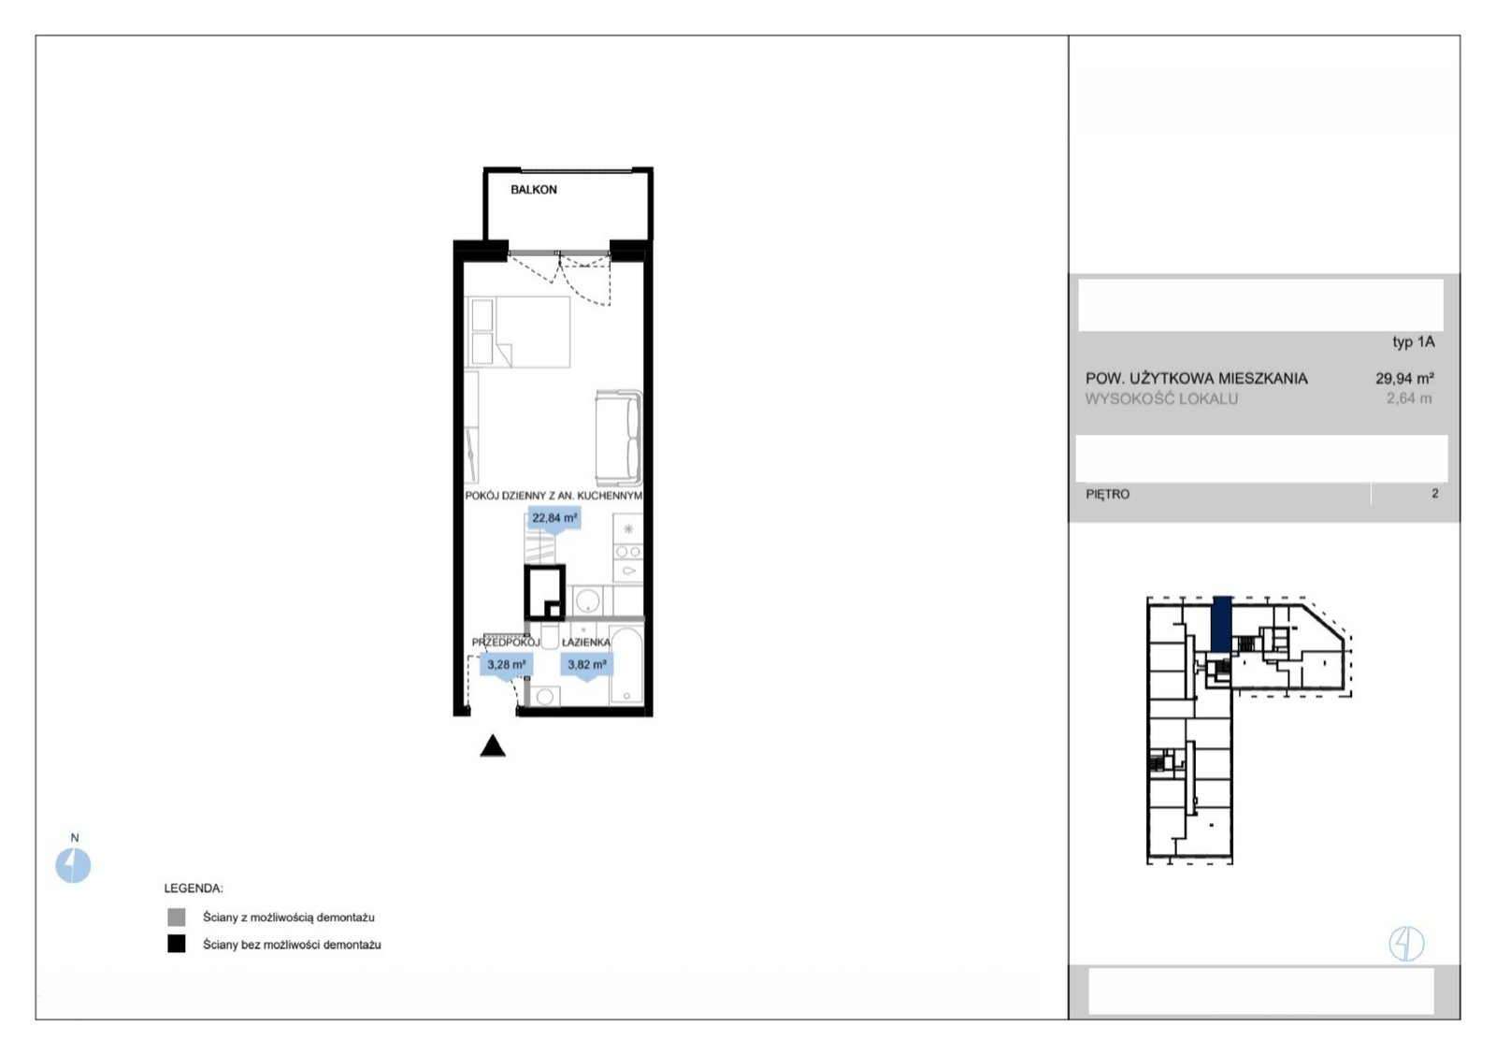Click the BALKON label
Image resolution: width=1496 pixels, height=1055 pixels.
(534, 190)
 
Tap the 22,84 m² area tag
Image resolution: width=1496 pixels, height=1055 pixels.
(554, 519)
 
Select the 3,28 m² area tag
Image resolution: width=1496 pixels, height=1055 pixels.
(506, 666)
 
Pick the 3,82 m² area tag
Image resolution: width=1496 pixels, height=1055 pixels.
(587, 666)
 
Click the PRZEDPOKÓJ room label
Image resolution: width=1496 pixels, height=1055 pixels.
(506, 643)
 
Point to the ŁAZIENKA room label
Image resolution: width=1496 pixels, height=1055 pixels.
(585, 643)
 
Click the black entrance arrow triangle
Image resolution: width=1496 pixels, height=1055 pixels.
(493, 745)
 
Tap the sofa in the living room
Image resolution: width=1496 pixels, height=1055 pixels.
(619, 439)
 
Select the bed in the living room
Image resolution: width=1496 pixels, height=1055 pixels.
(518, 332)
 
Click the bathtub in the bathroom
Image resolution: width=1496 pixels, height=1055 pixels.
(627, 667)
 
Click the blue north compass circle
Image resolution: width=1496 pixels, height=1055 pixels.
(73, 866)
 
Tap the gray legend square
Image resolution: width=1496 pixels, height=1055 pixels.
(177, 918)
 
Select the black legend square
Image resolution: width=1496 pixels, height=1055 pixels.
(177, 944)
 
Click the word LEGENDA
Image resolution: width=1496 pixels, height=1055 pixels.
(194, 889)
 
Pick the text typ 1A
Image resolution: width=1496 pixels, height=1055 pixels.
(1413, 342)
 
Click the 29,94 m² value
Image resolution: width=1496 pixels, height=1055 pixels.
(1404, 379)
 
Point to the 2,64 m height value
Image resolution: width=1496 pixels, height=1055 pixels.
(1409, 398)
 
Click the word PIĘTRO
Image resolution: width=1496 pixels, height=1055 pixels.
(1108, 495)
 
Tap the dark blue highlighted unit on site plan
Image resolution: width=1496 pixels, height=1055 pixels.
(1221, 624)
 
